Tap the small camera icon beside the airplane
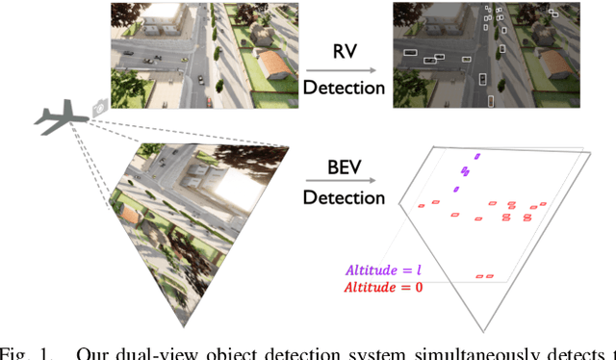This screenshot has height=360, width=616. click(98, 106)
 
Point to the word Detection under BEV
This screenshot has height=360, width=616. click(345, 198)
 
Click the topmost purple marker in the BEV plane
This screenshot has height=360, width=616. click(475, 156)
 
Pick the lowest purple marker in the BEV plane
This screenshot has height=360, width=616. click(456, 189)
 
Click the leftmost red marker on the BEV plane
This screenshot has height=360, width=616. click(421, 206)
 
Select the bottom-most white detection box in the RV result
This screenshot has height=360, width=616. click(490, 101)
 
